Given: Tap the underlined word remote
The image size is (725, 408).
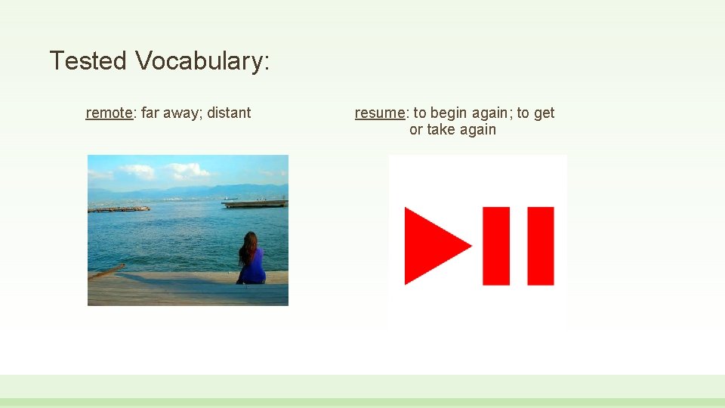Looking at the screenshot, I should tap(110, 113).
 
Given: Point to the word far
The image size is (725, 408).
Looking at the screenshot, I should tap(150, 113).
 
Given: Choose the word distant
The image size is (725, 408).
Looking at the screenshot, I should tap(229, 113).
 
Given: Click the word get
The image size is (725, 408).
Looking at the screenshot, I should tap(544, 113).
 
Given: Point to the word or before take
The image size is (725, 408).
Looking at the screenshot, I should tap(415, 129).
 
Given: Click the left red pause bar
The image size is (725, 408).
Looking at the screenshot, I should tap(497, 246).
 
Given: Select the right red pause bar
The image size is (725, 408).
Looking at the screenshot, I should tap(541, 246).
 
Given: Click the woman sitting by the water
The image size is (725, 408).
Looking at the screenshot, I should tap(251, 261).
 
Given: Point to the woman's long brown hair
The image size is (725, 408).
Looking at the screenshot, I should tap(248, 247).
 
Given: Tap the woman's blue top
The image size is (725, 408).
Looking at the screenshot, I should tap(254, 267).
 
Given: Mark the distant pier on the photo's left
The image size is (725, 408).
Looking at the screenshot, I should tap(118, 209).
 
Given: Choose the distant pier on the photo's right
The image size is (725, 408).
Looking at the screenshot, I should tap(255, 202).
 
